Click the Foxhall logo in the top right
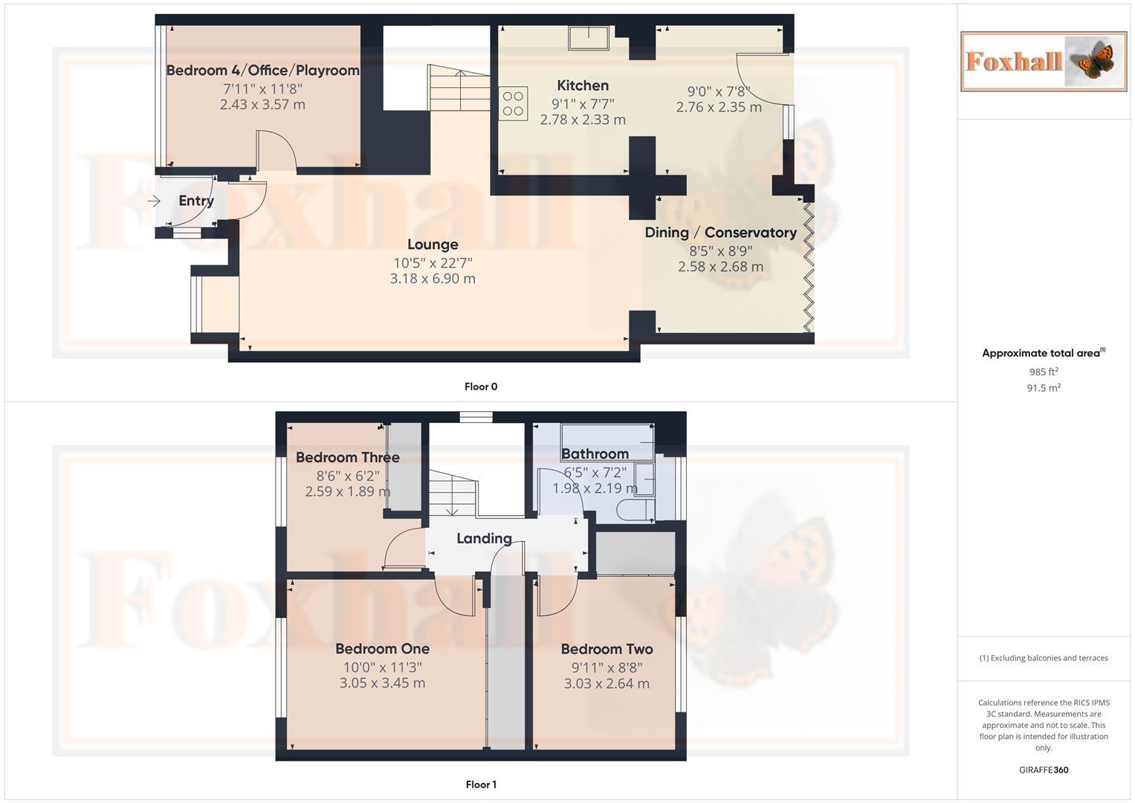[1043, 61]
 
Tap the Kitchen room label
[583, 86]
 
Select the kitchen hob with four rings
[513, 103]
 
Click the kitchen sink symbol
[589, 37]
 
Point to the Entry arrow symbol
[154, 201]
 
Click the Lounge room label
[433, 245]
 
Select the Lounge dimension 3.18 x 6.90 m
[433, 279]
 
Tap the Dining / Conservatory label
[720, 233]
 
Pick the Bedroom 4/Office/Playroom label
[262, 71]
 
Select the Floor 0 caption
[481, 387]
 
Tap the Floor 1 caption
[481, 784]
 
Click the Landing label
[484, 538]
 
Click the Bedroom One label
[382, 649]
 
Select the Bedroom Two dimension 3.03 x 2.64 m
[607, 683]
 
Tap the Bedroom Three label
[347, 457]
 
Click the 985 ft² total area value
[1043, 372]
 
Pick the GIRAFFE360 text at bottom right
[1043, 770]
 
